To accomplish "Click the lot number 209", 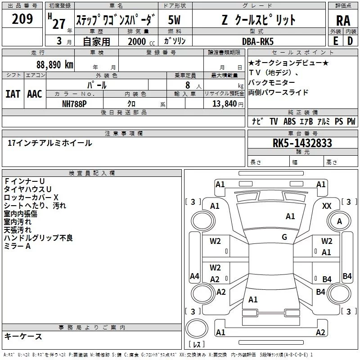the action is coord(22,19).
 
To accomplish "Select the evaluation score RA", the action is coord(342,20).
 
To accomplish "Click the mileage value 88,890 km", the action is coord(54,64).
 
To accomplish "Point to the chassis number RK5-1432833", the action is coord(302,143).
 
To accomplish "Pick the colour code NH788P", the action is coord(75,103).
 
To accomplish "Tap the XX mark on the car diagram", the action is coord(327,206).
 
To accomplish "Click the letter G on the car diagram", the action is coord(284,237).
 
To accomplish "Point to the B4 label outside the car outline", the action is coord(347,276).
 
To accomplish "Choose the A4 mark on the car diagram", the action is coord(194,276).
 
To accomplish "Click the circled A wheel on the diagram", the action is coord(340,221).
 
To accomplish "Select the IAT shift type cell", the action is coord(13,94).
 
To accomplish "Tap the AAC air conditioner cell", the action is coord(34,94).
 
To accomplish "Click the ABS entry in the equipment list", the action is coord(289,121).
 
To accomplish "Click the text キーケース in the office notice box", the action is coord(23,336).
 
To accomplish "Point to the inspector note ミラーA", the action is coord(17,246).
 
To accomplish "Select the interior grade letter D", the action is coord(350,41).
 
